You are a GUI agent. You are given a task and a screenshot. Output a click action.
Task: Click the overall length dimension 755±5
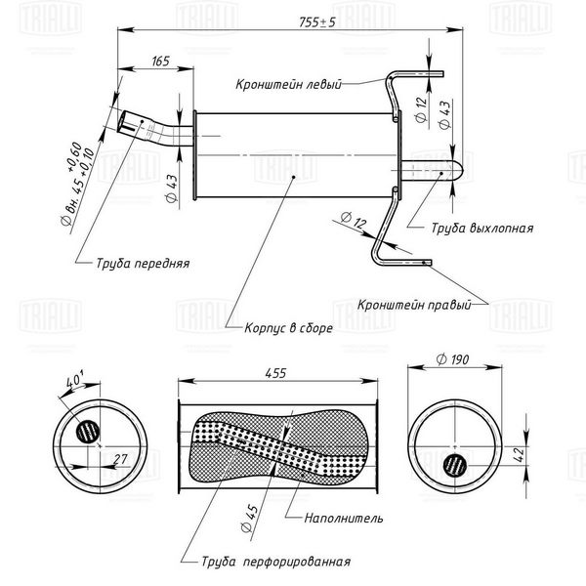(x=316, y=22)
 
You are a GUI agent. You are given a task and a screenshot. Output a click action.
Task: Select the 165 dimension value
(x=161, y=61)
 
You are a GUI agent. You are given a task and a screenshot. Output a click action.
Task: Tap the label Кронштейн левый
(x=288, y=84)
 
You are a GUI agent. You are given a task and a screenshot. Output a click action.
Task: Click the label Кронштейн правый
(x=414, y=305)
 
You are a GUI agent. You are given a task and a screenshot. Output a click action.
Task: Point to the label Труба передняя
(x=143, y=263)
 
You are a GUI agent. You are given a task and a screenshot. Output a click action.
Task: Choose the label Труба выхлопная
(x=482, y=228)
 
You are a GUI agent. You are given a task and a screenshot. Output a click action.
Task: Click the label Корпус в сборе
(x=288, y=328)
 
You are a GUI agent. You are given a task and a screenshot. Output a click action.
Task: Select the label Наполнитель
(x=344, y=518)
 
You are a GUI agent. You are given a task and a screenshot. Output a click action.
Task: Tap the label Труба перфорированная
(x=276, y=562)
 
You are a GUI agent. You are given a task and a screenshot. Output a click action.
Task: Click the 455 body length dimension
(x=275, y=373)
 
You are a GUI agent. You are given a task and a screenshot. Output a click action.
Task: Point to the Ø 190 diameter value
(x=452, y=359)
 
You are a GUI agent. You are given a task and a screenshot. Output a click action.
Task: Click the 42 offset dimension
(x=520, y=455)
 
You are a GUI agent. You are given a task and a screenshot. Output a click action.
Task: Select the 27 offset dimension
(x=120, y=459)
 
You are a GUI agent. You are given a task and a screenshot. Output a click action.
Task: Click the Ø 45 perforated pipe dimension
(x=250, y=519)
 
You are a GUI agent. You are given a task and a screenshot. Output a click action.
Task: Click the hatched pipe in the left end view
(x=88, y=432)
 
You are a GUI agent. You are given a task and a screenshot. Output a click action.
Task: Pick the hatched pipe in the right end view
(x=455, y=465)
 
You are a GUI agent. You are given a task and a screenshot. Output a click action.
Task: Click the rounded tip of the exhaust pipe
(x=460, y=170)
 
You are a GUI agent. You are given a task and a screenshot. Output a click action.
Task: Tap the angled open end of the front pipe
(x=123, y=121)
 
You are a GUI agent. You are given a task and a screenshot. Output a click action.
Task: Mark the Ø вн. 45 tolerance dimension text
(x=76, y=184)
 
